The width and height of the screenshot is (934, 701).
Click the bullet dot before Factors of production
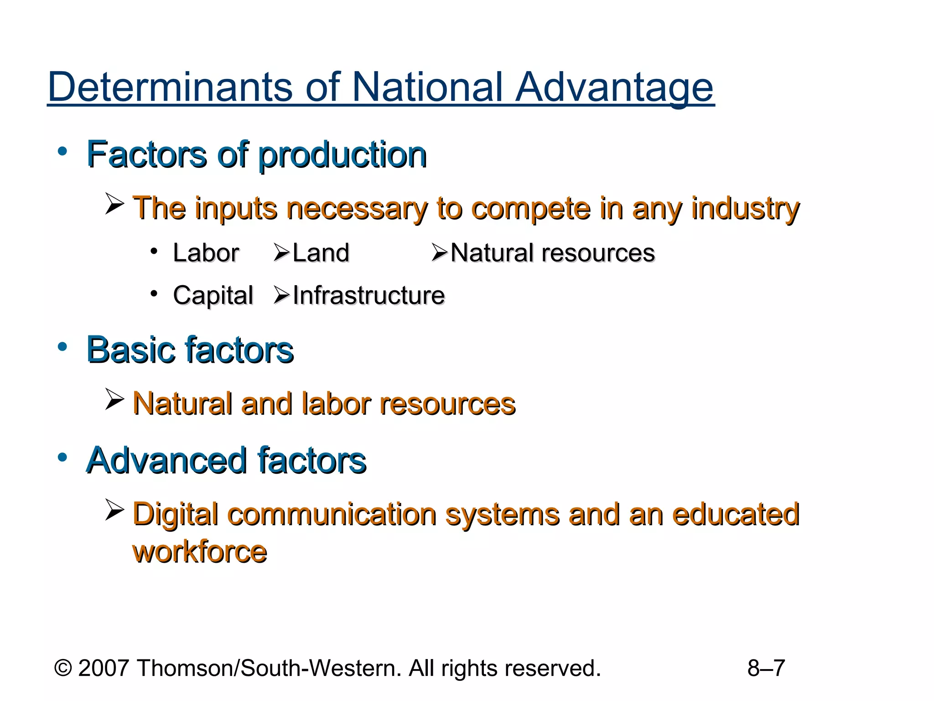62,151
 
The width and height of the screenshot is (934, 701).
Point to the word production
342,155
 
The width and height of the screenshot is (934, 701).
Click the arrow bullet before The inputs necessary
114,203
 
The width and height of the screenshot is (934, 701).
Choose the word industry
745,209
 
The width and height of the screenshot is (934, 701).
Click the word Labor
206,253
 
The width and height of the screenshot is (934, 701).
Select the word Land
321,253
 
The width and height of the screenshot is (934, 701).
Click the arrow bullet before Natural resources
440,252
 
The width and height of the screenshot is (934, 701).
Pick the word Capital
213,295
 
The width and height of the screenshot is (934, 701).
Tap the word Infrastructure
368,295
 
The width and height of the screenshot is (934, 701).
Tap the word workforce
199,552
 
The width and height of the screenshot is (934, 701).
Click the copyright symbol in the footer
63,668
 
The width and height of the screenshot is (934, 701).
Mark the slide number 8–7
766,668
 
